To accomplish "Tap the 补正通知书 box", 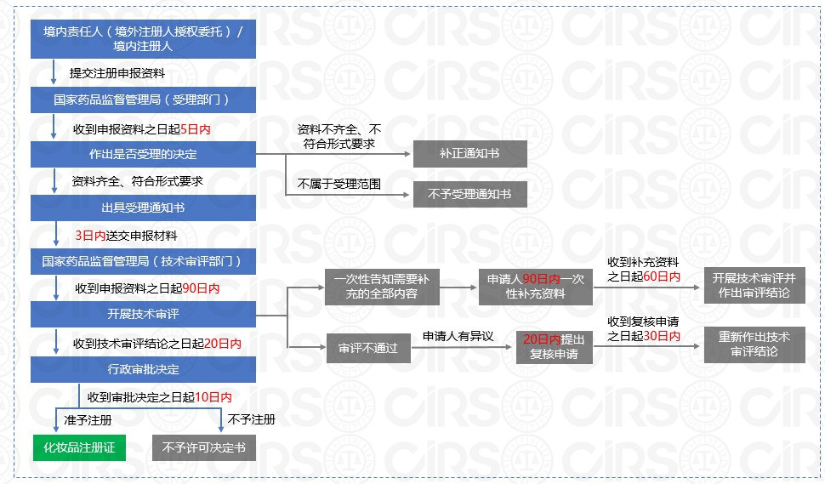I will (469, 154).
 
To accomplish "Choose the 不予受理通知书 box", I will (469, 194).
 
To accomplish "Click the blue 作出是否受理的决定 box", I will (143, 154).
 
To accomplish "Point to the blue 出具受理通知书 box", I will (143, 207).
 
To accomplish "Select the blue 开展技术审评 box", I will (143, 314).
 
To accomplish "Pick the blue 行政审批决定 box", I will (143, 368).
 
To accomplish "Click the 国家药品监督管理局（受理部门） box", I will (143, 100).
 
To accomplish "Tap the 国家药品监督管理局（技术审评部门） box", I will (143, 261).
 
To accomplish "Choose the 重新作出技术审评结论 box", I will (754, 344).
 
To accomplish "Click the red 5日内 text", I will (196, 129).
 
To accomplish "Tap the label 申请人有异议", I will (458, 337).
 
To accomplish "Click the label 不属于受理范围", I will (339, 183).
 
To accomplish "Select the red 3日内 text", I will (89, 235).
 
